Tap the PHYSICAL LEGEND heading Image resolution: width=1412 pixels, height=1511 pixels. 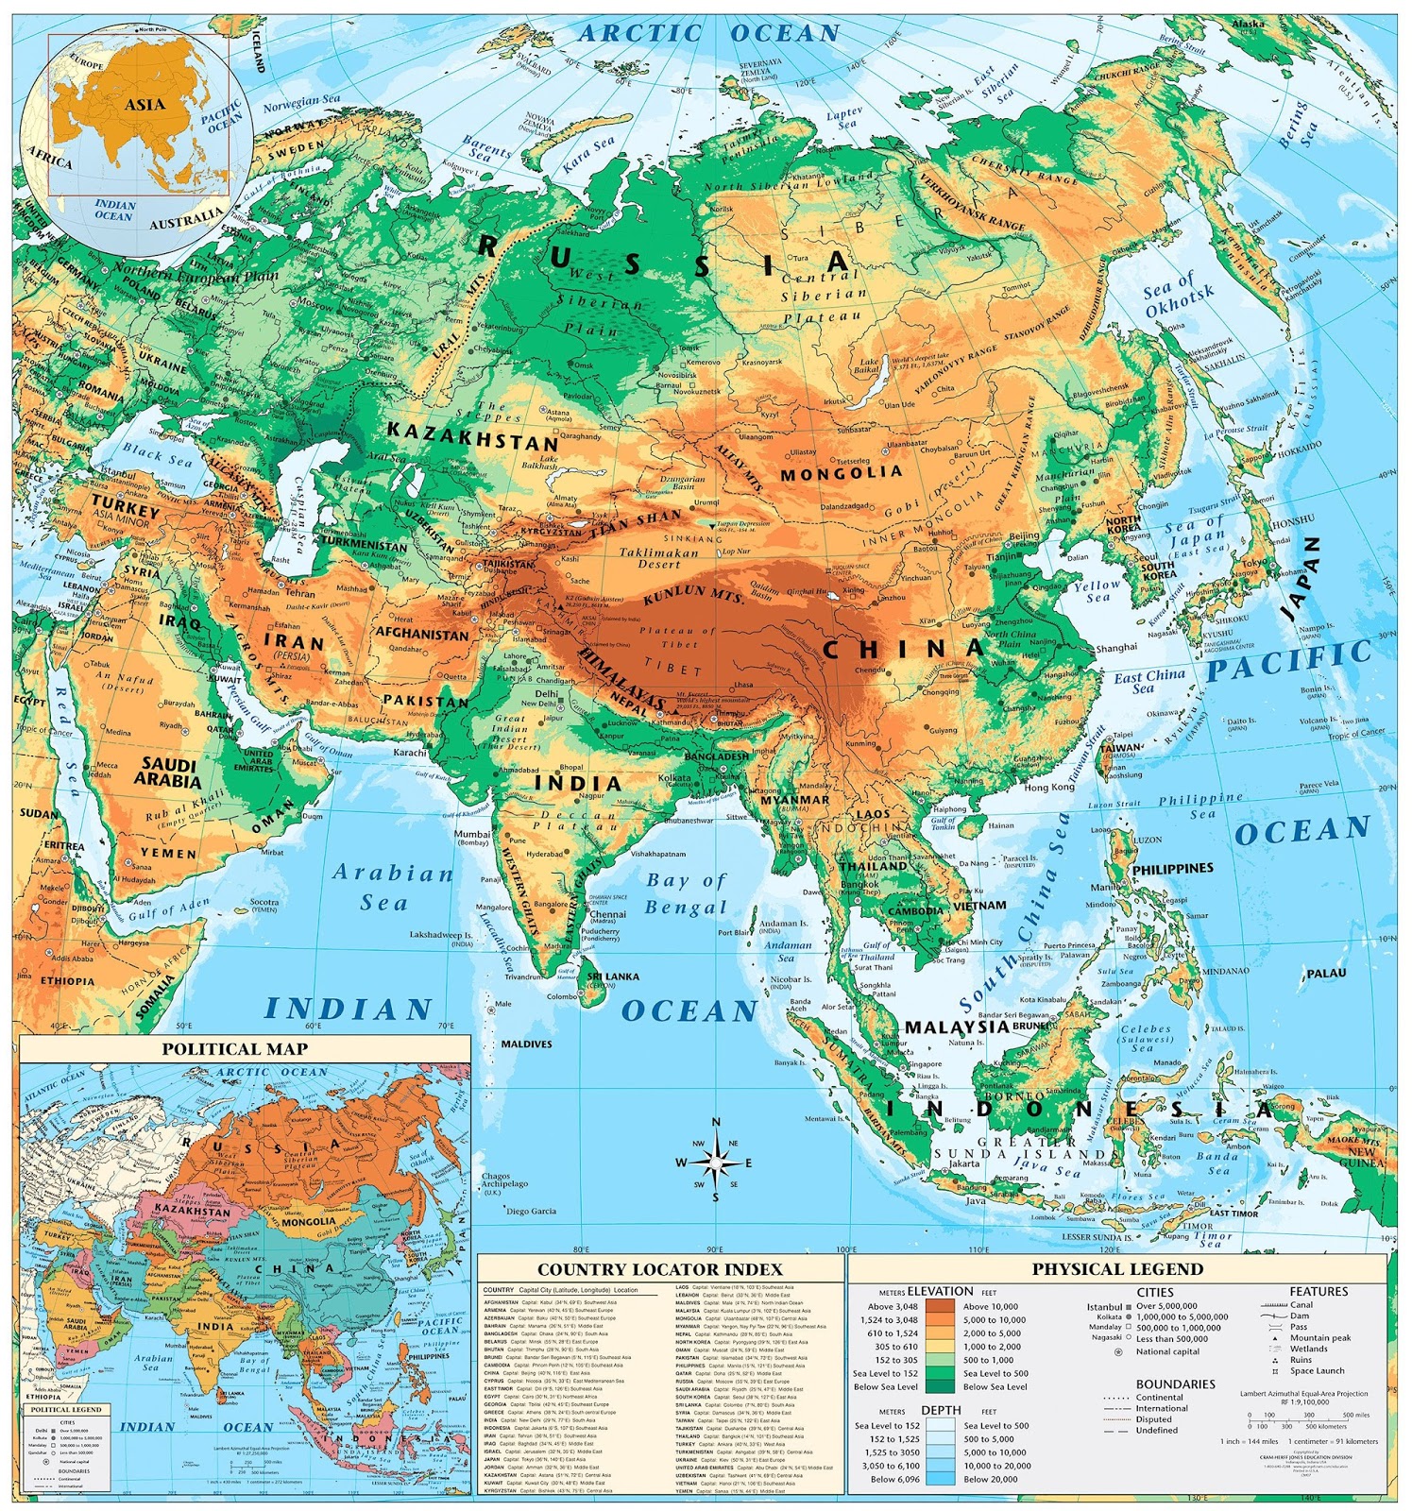(x=1117, y=1268)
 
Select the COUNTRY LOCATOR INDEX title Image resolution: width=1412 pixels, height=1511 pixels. (x=660, y=1269)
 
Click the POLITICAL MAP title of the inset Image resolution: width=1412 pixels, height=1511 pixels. (x=234, y=1048)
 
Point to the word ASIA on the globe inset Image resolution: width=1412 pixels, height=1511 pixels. (x=145, y=104)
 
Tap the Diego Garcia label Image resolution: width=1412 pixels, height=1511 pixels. (x=531, y=1211)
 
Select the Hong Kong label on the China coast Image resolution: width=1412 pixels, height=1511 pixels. (x=1049, y=787)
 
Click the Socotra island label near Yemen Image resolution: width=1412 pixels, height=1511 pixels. (x=264, y=903)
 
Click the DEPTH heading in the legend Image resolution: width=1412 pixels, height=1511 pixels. (x=941, y=1409)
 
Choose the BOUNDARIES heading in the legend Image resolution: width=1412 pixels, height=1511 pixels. (x=1176, y=1384)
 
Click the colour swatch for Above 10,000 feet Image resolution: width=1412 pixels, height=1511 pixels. (x=940, y=1307)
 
